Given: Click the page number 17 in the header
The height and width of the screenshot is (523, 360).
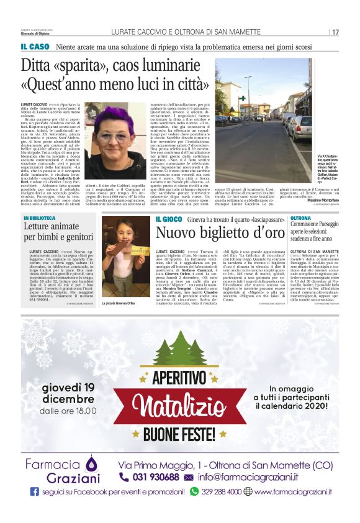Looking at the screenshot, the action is pyautogui.click(x=335, y=32).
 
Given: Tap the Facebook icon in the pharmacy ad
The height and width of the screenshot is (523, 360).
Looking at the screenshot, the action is pyautogui.click(x=35, y=491).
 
